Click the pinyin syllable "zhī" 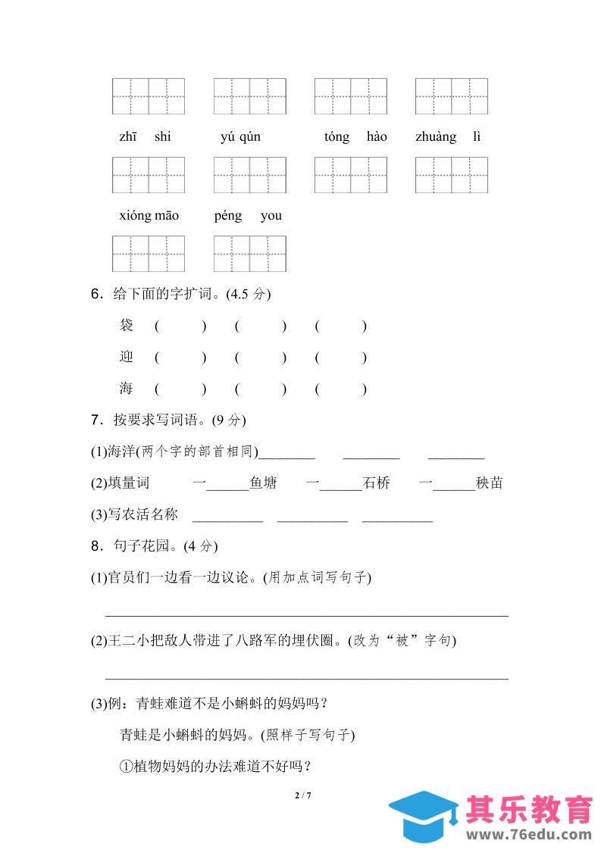(x=127, y=137)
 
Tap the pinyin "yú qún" (x=240, y=137)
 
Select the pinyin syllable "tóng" (x=336, y=137)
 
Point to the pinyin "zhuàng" (x=436, y=137)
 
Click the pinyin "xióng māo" (x=149, y=216)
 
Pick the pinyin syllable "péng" (x=228, y=216)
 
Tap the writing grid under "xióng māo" (x=149, y=254)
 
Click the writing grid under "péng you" (x=250, y=254)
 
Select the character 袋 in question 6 (x=127, y=326)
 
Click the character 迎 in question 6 (x=127, y=357)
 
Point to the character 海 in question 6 (x=127, y=389)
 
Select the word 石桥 (x=377, y=483)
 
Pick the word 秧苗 (x=490, y=483)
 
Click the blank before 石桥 (x=341, y=485)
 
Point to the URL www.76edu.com (x=530, y=835)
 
